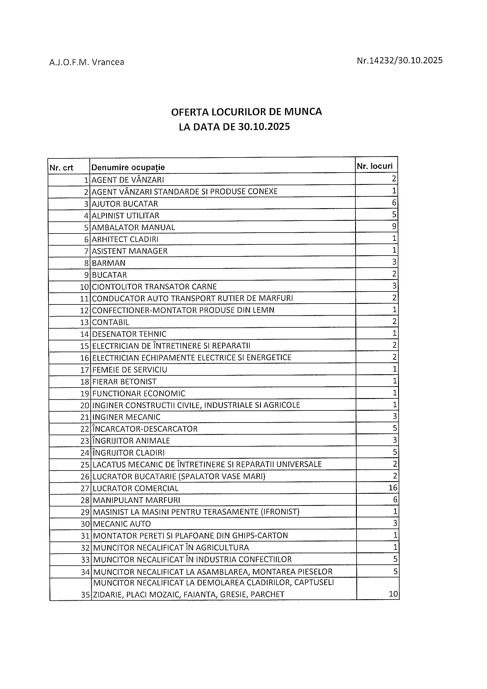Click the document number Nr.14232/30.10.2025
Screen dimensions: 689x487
(x=399, y=61)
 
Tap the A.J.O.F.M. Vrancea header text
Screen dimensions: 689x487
(x=87, y=62)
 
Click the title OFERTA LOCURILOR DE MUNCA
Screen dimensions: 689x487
(x=246, y=112)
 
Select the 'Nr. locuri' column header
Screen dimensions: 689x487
(x=375, y=166)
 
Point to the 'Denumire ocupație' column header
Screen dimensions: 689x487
(x=128, y=168)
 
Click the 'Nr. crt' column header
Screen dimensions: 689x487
(x=61, y=168)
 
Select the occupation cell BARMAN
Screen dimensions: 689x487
(x=109, y=263)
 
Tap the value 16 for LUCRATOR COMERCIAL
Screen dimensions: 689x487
(x=393, y=488)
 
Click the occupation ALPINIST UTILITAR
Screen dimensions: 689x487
(x=125, y=216)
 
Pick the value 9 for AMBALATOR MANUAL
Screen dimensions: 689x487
(x=394, y=226)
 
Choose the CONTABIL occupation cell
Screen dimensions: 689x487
(x=110, y=322)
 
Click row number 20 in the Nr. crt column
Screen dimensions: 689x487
(x=85, y=406)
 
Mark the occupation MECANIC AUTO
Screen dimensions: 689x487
(x=122, y=524)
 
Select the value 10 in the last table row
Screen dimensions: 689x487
(x=393, y=594)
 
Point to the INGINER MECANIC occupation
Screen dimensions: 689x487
(x=126, y=417)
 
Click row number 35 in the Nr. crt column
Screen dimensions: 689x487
(x=85, y=595)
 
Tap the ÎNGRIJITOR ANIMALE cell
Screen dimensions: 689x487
(x=131, y=441)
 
